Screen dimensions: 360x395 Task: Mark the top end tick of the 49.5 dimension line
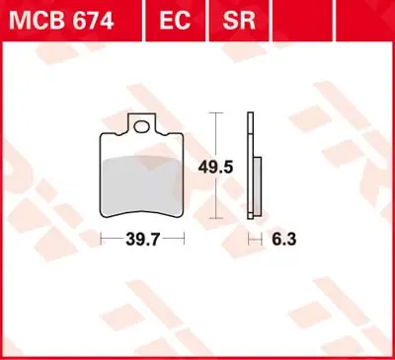tap(214, 113)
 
